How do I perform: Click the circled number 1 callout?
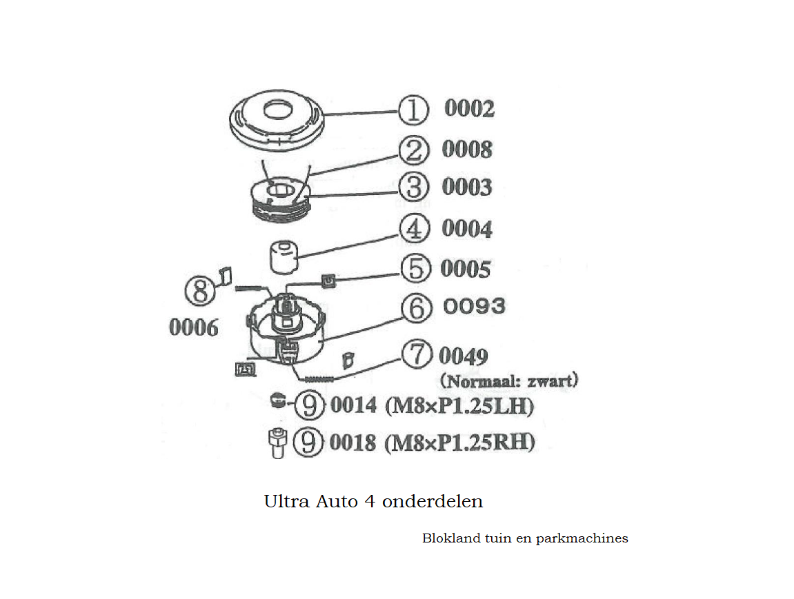[413, 110]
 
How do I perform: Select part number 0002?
[469, 109]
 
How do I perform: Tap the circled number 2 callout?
[413, 150]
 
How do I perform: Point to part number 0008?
[467, 149]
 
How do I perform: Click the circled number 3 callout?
[414, 187]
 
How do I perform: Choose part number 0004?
[467, 229]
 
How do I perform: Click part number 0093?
[474, 305]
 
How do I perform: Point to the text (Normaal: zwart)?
[508, 380]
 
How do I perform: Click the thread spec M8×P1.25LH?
[459, 406]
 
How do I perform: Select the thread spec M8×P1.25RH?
[460, 442]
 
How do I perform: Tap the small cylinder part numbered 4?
[281, 256]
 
